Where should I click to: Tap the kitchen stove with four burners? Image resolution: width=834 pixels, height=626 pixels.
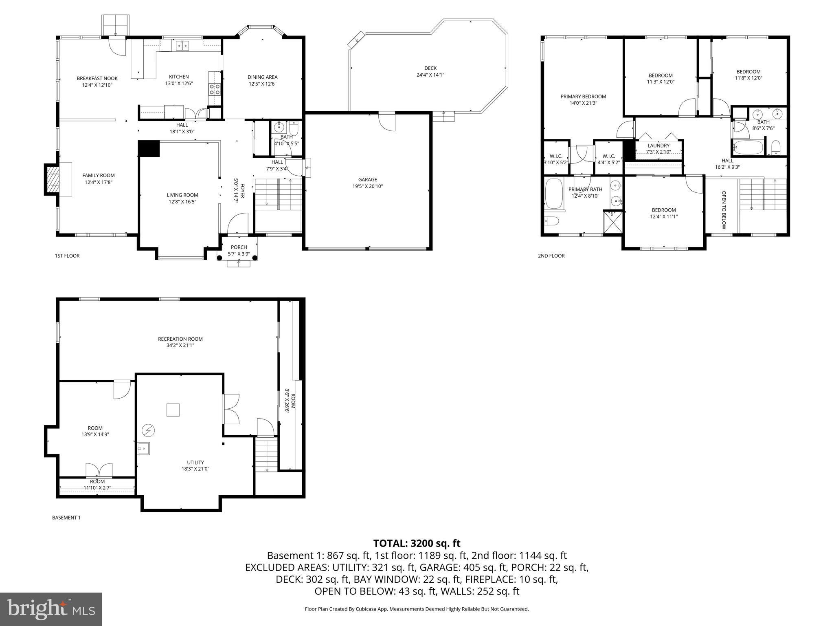point(215,89)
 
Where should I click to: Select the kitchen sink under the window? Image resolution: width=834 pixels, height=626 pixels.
point(182,46)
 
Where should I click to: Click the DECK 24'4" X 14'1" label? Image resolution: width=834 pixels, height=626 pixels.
point(430,71)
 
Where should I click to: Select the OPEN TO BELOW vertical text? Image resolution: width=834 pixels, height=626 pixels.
point(724,210)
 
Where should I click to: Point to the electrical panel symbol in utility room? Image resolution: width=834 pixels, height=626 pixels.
point(148,430)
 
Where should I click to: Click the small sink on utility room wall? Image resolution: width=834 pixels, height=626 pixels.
point(143,449)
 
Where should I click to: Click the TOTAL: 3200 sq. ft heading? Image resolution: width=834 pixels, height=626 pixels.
point(417,543)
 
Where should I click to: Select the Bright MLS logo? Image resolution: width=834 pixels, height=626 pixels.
point(50,609)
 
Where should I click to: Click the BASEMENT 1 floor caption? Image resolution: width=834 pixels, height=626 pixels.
point(66,518)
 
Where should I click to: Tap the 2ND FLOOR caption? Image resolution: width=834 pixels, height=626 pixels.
point(551,256)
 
